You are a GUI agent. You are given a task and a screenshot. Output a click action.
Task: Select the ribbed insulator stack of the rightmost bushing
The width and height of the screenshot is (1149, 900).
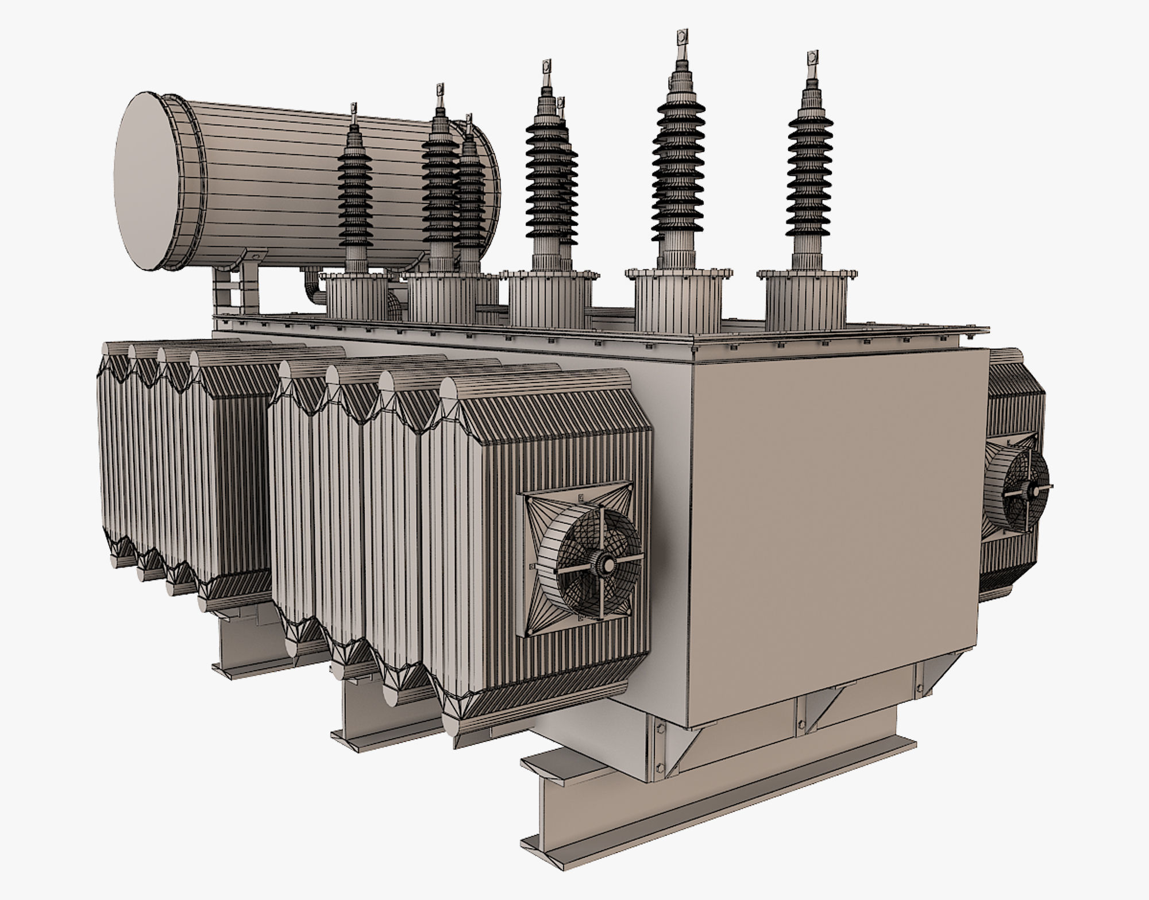click(810, 172)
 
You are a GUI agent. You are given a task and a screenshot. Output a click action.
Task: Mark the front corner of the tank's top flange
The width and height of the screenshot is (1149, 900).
click(693, 350)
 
